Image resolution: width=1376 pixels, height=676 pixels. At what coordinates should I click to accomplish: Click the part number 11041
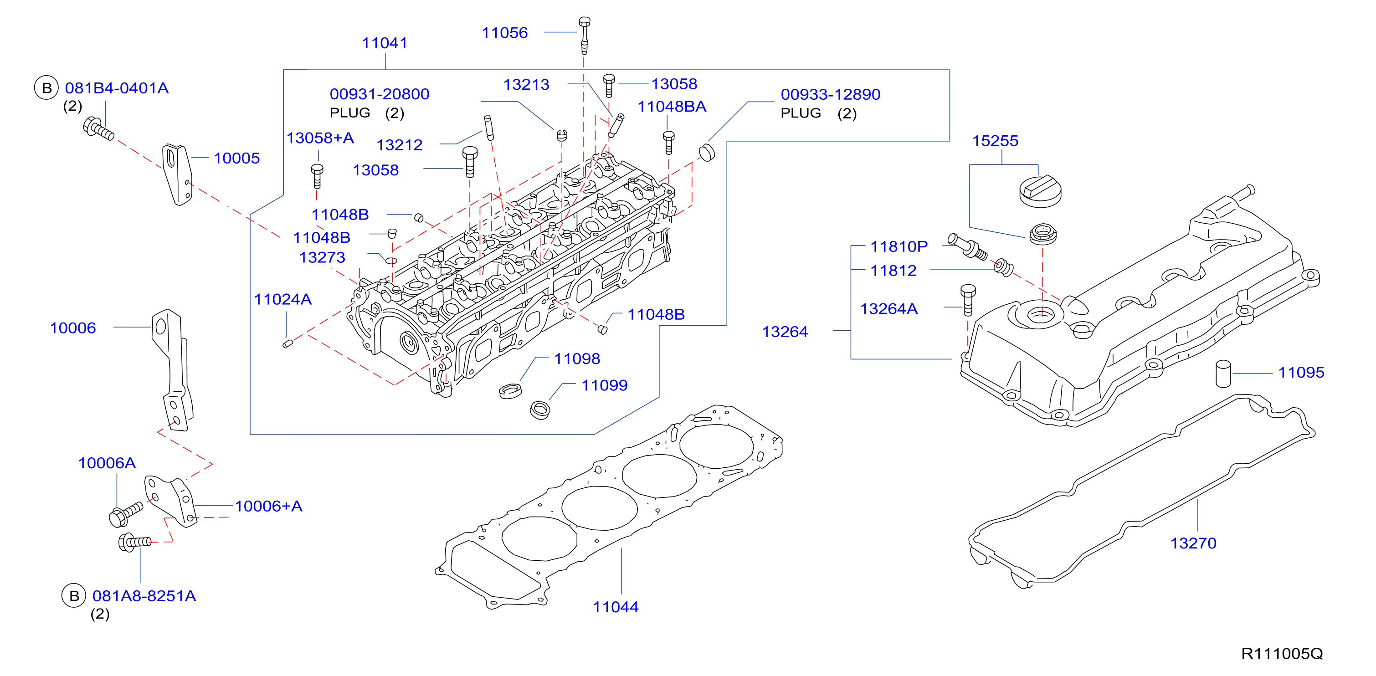pos(385,43)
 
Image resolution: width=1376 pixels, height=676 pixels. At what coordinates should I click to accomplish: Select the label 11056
pos(504,33)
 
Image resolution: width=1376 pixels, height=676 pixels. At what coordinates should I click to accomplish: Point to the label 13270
pos(1193,543)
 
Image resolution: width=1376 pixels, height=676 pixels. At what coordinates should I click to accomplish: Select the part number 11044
pos(616,607)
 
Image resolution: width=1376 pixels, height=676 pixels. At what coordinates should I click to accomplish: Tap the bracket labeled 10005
pos(177,174)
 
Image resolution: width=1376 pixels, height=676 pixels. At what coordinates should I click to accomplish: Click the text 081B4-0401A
pos(117,88)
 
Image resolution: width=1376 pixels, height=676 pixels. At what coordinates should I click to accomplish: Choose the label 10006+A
pos(268,506)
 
